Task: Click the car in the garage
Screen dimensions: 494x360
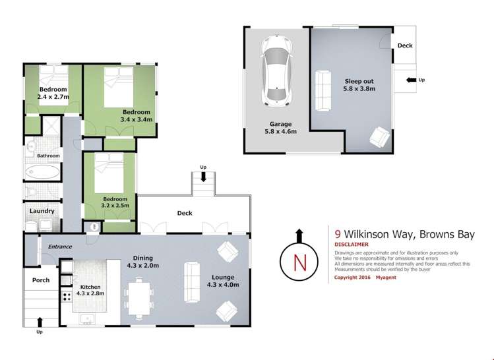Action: coord(276,71)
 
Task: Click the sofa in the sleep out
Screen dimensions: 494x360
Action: coord(323,90)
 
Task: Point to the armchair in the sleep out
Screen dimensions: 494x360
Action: coord(380,136)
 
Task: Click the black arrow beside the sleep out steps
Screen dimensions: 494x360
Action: coord(411,80)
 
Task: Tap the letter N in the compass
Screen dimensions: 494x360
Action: coord(299,262)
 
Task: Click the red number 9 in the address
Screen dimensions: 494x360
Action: coord(338,234)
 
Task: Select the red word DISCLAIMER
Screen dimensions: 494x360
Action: coord(352,245)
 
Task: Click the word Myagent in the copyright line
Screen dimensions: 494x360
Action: coord(386,278)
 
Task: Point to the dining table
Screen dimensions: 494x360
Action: coord(139,299)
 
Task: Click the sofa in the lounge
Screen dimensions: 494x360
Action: coord(192,282)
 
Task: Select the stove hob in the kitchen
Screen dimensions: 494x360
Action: coord(67,297)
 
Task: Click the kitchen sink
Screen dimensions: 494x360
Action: coord(86,319)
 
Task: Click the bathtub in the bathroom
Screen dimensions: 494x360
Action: coord(42,172)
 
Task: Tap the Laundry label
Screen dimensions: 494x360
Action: coord(42,211)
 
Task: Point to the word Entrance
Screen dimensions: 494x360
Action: coord(60,247)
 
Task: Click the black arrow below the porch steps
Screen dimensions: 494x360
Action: coord(40,322)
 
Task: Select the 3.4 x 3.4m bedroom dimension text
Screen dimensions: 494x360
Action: coord(137,120)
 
